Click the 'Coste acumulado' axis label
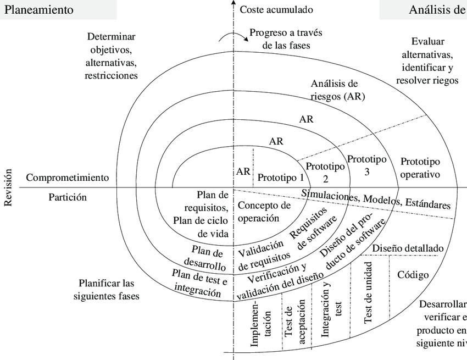point(276,10)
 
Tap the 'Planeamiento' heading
point(38,10)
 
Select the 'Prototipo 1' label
point(281,178)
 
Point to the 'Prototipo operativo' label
point(420,168)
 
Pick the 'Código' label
point(413,274)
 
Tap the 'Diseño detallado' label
point(408,248)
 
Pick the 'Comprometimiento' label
point(68,178)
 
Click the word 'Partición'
point(68,197)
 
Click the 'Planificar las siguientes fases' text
point(105,289)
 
